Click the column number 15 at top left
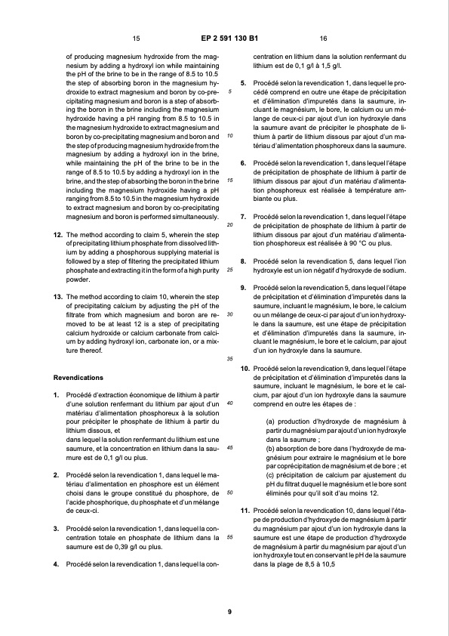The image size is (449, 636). pyautogui.click(x=136, y=38)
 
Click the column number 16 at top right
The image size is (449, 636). pyautogui.click(x=323, y=38)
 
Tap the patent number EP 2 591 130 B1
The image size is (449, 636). pyautogui.click(x=229, y=38)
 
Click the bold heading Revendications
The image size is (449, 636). pyautogui.click(x=79, y=376)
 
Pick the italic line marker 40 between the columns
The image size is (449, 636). pyautogui.click(x=229, y=403)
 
